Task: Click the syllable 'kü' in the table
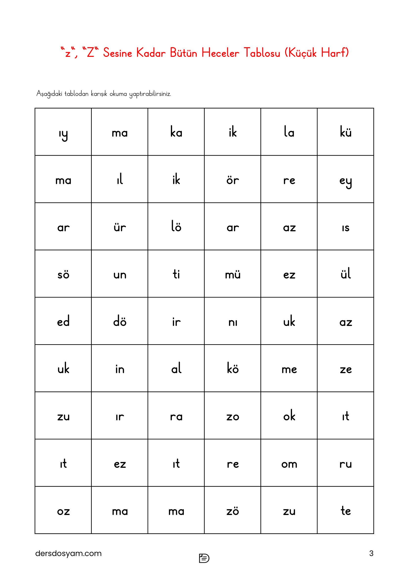[x=345, y=132]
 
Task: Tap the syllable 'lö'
[x=176, y=227]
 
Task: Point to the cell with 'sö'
[x=63, y=274]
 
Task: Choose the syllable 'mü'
[x=232, y=274]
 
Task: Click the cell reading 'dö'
[x=120, y=321]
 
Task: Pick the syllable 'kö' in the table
[x=232, y=368]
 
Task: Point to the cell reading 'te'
[x=345, y=511]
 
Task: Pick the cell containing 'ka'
[x=176, y=132]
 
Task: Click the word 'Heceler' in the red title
[x=220, y=53]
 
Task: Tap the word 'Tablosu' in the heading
[x=262, y=53]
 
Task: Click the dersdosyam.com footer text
[x=68, y=553]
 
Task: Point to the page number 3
[x=371, y=553]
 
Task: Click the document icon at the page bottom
[x=204, y=558]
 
